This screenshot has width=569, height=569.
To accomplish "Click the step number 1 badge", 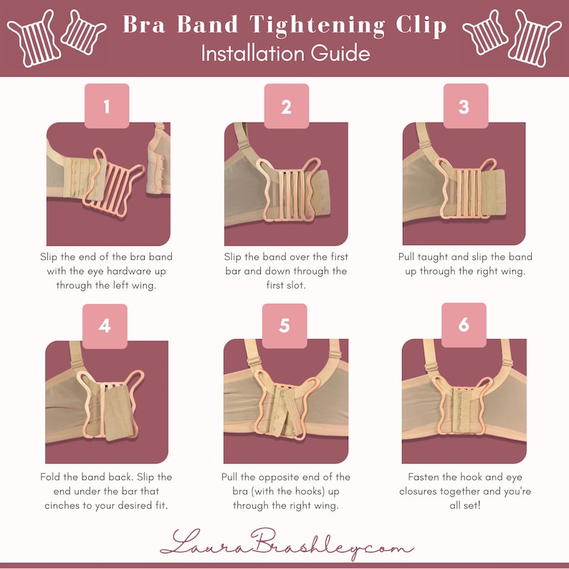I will tap(107, 106).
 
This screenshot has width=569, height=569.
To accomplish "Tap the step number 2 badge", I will tap(286, 106).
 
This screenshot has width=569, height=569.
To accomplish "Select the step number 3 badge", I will tap(464, 106).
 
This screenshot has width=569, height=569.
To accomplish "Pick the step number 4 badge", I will tap(105, 325).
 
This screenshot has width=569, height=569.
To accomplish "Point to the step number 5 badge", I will tap(284, 325).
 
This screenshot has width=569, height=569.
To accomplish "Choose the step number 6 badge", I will tap(464, 325).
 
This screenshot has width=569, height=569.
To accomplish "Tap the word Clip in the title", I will tap(419, 25).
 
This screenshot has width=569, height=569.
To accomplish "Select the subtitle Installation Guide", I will tap(285, 53).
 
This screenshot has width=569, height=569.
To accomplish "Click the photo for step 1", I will tap(108, 184).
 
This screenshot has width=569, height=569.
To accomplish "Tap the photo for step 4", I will tap(107, 402).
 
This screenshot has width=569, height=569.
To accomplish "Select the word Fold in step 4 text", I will tap(54, 477).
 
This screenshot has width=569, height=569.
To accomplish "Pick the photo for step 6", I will tap(464, 402).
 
